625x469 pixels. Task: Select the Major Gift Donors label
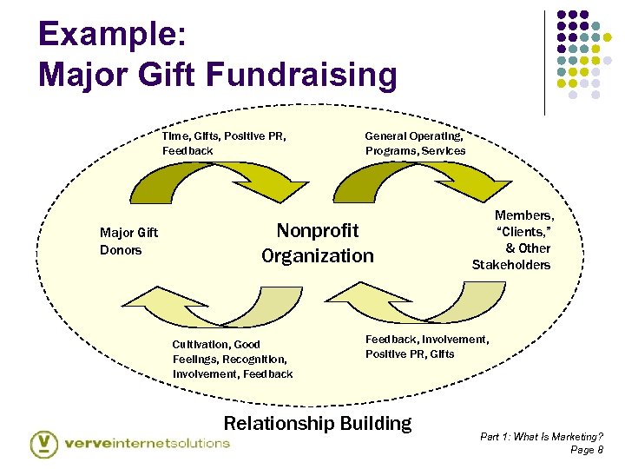click(x=128, y=241)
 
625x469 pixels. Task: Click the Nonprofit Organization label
click(x=318, y=243)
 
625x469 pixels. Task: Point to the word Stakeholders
click(x=511, y=264)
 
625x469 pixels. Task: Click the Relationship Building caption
click(x=318, y=423)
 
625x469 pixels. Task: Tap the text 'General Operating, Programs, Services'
click(x=415, y=143)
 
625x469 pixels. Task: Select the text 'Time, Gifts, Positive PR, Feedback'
click(x=224, y=143)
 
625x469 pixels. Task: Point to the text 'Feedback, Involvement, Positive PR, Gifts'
click(x=426, y=347)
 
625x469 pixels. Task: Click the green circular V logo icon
click(x=44, y=444)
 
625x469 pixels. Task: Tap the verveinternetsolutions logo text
click(x=147, y=443)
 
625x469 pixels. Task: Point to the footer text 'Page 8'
click(x=587, y=450)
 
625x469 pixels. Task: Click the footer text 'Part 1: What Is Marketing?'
click(x=543, y=436)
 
